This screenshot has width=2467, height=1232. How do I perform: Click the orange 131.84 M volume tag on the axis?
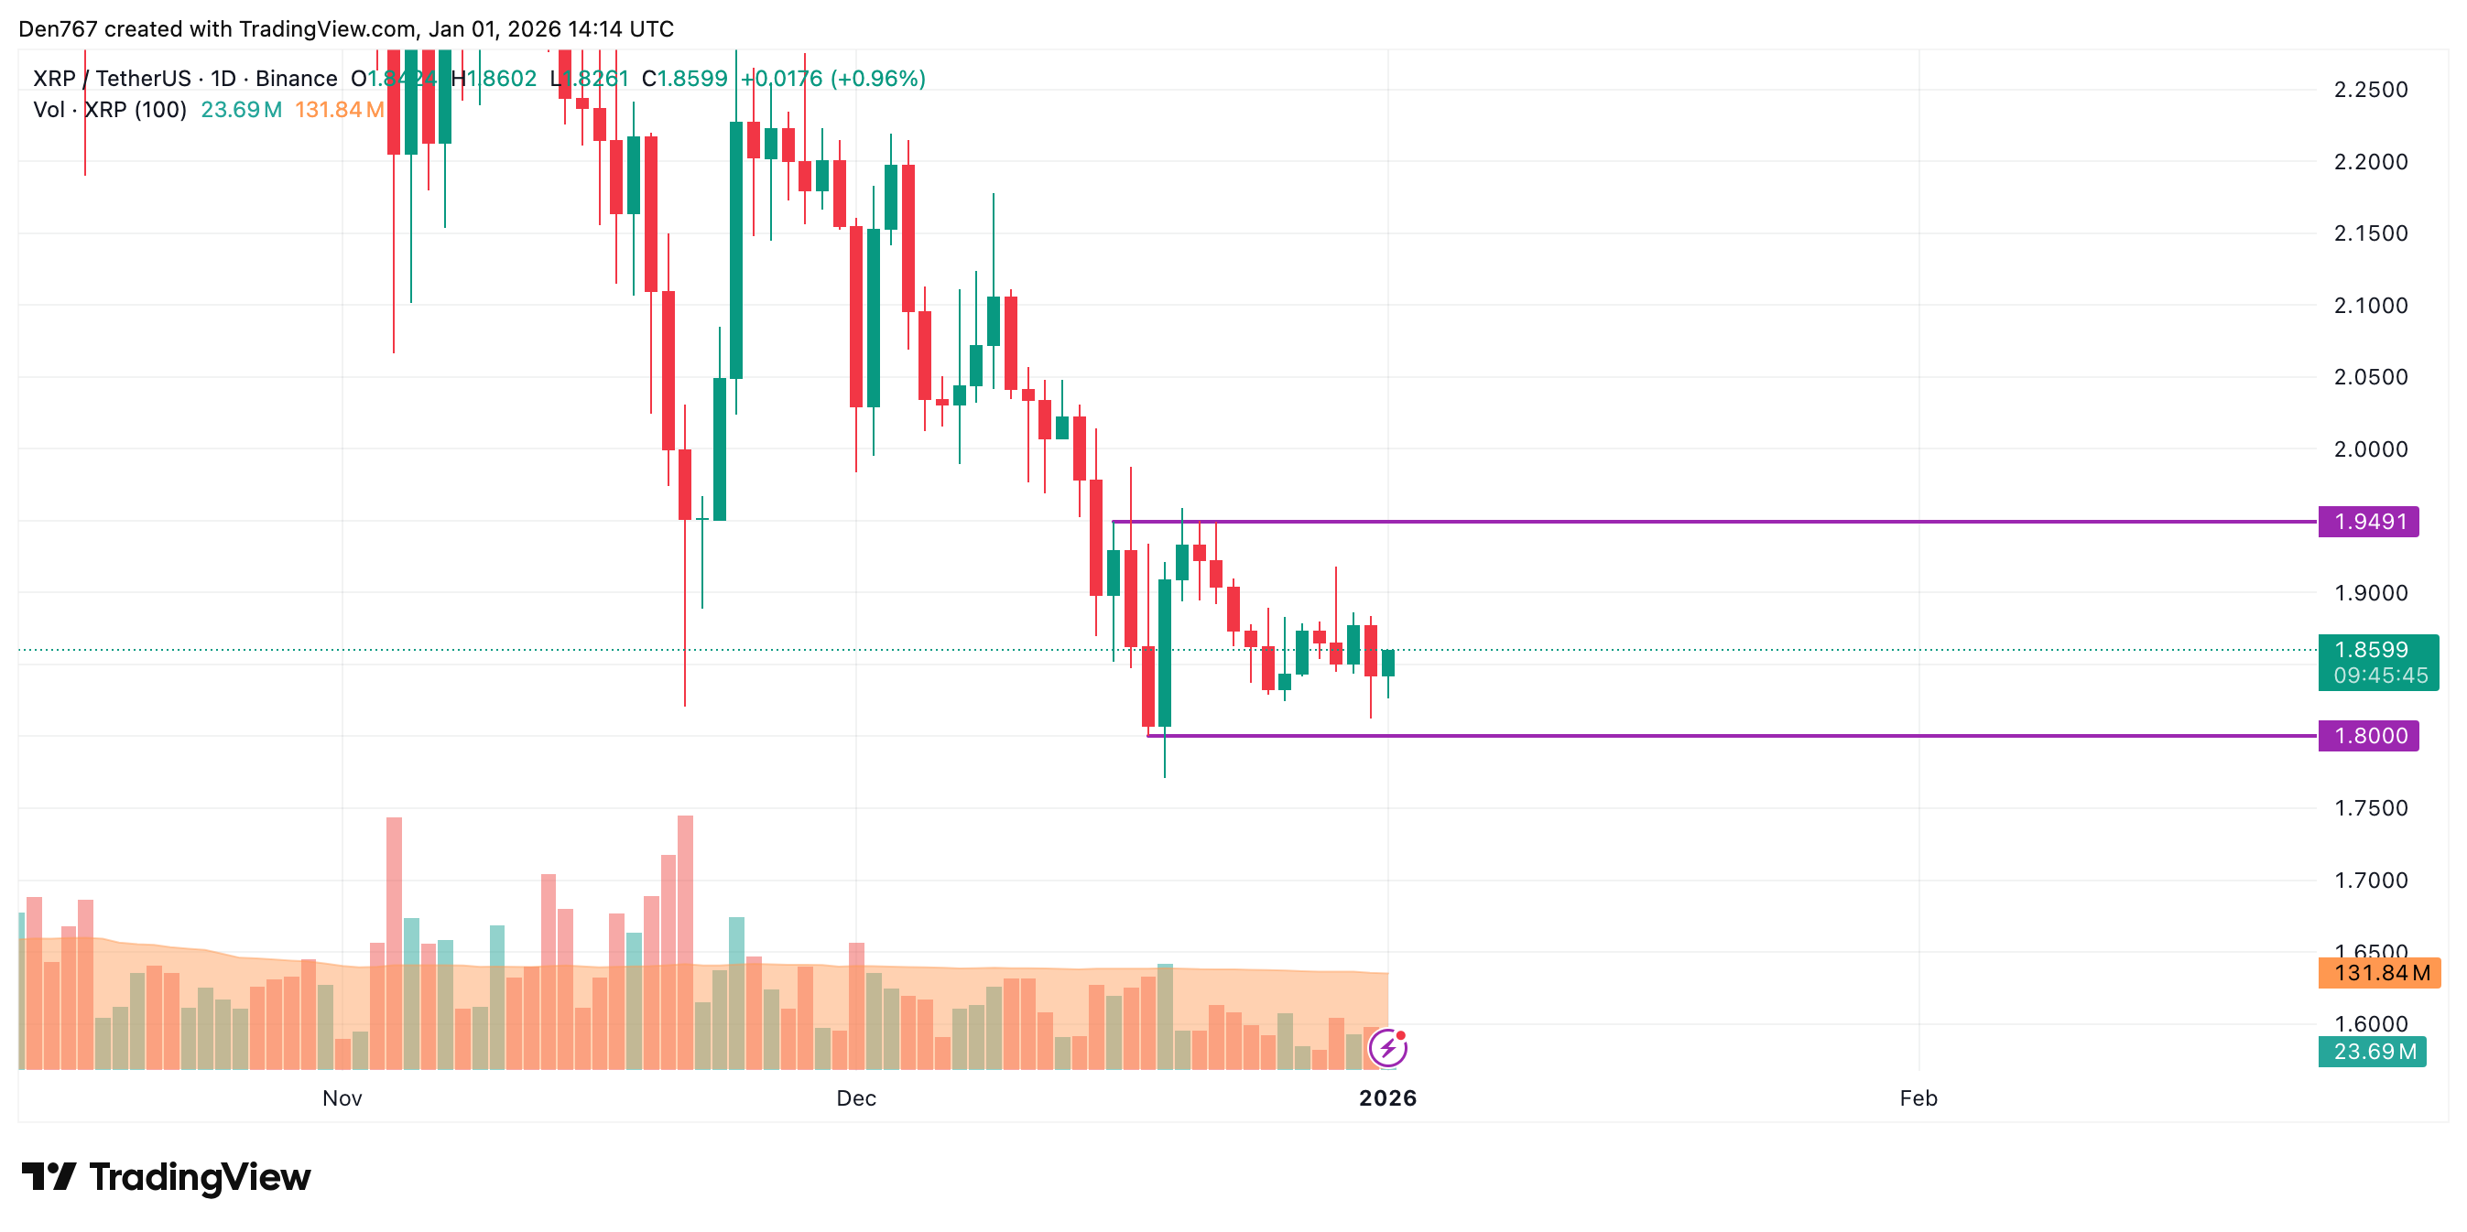(2379, 973)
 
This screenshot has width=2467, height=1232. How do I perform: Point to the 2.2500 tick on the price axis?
(2370, 90)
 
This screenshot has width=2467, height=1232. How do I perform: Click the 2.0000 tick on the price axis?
(2370, 449)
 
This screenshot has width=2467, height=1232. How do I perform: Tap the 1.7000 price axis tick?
(2370, 880)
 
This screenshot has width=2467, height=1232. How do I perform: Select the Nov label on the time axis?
(342, 1098)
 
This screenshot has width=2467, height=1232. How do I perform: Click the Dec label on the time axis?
(856, 1098)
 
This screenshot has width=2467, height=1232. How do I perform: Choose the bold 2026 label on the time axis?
(1387, 1098)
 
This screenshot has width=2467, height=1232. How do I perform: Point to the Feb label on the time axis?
(1918, 1098)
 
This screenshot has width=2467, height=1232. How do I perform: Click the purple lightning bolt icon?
(1387, 1048)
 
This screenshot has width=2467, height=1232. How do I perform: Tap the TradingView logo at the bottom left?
(166, 1176)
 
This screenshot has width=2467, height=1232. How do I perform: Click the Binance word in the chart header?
(296, 79)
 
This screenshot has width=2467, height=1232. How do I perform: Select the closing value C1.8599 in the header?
(685, 79)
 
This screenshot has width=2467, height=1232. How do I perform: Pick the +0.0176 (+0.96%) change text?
(833, 79)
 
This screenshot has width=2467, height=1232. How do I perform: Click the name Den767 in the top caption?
(57, 28)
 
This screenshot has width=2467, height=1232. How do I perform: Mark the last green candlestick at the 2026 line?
(1387, 663)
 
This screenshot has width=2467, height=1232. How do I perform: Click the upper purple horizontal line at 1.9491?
(1723, 522)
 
